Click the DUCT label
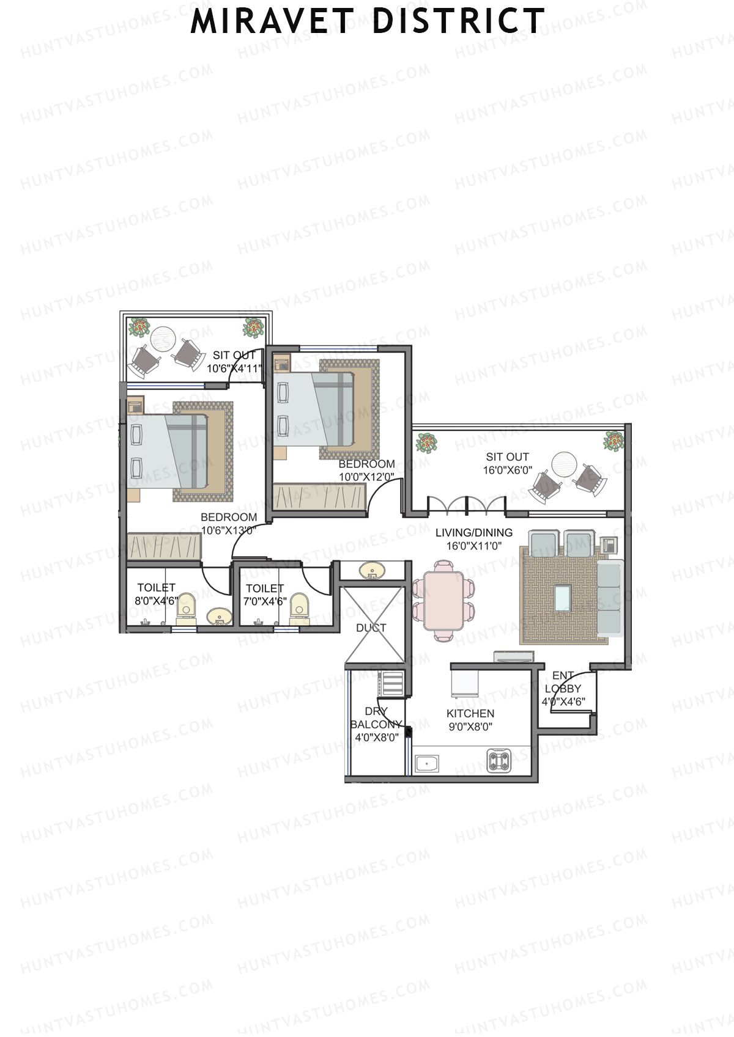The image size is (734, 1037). pyautogui.click(x=371, y=628)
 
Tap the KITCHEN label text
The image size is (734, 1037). pyautogui.click(x=470, y=713)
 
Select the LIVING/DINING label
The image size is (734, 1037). pyautogui.click(x=474, y=532)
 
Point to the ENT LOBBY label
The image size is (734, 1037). pyautogui.click(x=563, y=682)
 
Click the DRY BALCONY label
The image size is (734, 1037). pyautogui.click(x=376, y=718)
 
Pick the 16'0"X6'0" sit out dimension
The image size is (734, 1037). pyautogui.click(x=508, y=471)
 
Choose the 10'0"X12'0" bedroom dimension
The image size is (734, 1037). pyautogui.click(x=367, y=477)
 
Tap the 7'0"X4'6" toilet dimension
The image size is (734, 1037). pyautogui.click(x=265, y=601)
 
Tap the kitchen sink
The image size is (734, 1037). pyautogui.click(x=427, y=763)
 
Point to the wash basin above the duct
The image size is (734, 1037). pyautogui.click(x=371, y=571)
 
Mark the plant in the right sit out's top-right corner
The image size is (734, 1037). pyautogui.click(x=614, y=441)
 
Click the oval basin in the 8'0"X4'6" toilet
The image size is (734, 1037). pyautogui.click(x=219, y=617)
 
